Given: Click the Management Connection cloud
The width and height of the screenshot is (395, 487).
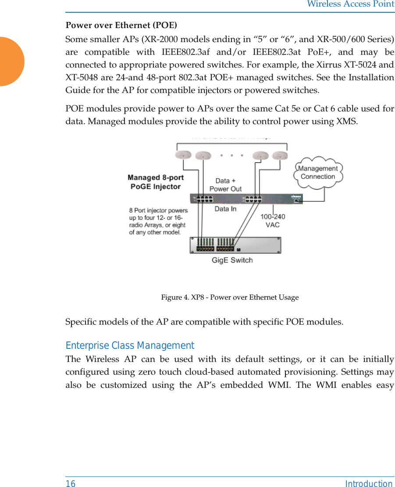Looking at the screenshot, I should pyautogui.click(x=318, y=172).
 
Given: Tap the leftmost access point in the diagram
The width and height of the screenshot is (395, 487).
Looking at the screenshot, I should pyautogui.click(x=183, y=155).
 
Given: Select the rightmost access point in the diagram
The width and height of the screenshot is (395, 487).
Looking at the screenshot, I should pyautogui.click(x=279, y=155).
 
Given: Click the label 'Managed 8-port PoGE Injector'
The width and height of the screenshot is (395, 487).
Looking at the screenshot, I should pyautogui.click(x=156, y=182).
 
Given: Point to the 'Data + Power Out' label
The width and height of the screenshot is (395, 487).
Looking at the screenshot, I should pyautogui.click(x=225, y=185).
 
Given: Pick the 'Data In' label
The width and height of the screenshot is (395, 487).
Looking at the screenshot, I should pyautogui.click(x=225, y=209).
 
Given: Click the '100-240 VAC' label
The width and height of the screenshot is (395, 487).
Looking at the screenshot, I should pyautogui.click(x=273, y=220).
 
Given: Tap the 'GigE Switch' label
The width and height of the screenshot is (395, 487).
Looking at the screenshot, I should pyautogui.click(x=232, y=260).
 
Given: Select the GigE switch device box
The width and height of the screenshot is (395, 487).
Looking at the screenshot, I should pyautogui.click(x=235, y=245).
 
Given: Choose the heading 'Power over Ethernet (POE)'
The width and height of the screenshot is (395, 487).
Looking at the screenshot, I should pyautogui.click(x=121, y=25).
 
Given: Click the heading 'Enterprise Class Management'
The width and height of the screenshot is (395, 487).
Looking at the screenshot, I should pyautogui.click(x=130, y=346).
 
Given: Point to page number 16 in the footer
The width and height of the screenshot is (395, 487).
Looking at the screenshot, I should pyautogui.click(x=71, y=483).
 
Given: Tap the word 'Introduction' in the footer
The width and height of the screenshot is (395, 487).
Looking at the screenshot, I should pyautogui.click(x=369, y=483).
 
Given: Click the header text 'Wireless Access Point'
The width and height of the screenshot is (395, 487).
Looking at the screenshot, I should pyautogui.click(x=350, y=4).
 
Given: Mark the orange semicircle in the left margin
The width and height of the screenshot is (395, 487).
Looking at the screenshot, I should pyautogui.click(x=11, y=61).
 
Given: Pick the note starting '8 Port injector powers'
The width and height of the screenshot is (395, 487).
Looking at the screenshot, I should pyautogui.click(x=158, y=222).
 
